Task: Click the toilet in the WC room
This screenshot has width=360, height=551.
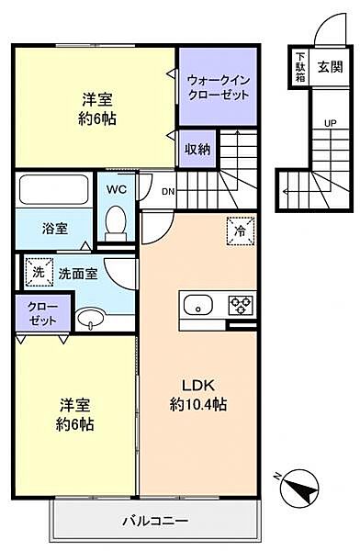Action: click(x=117, y=220)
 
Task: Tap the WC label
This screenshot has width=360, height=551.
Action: click(x=116, y=188)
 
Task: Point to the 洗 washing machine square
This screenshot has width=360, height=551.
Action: click(x=39, y=272)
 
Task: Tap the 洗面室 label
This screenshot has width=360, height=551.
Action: click(x=78, y=273)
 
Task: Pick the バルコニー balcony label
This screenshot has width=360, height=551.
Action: click(x=155, y=522)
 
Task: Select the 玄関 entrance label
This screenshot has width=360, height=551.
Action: click(x=330, y=66)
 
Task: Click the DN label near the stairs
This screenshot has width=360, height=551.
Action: click(x=167, y=192)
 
